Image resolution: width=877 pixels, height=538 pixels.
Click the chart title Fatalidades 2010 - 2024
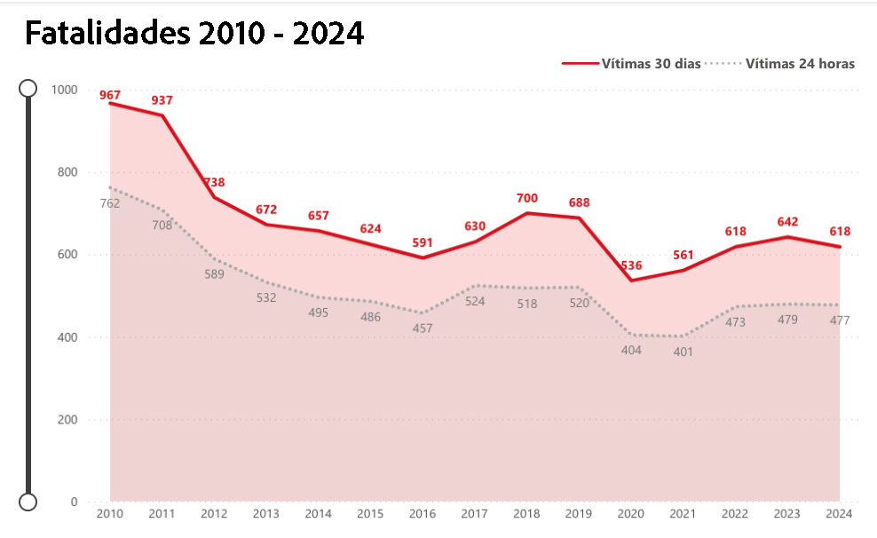tap(194, 33)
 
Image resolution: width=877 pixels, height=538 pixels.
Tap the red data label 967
tap(110, 95)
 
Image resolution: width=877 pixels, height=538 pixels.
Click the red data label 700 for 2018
tap(527, 198)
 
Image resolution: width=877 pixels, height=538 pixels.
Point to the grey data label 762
tap(110, 203)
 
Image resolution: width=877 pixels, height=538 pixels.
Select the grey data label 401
tap(683, 352)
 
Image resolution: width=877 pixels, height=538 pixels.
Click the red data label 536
tap(631, 265)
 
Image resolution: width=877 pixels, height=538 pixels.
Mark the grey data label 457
tap(423, 328)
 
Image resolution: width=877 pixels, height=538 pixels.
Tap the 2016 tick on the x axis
tap(423, 513)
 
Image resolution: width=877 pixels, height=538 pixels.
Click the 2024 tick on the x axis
tap(839, 513)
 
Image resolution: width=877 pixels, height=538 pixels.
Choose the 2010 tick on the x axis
tap(110, 513)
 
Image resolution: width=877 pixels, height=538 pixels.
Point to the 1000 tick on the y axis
tap(65, 90)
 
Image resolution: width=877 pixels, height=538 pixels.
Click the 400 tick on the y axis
tap(68, 337)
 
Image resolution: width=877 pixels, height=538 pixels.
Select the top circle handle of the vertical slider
tap(28, 88)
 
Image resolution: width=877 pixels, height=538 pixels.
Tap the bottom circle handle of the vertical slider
tap(28, 502)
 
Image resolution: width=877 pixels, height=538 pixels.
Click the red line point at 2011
tap(162, 115)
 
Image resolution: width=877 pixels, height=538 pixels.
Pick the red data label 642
tap(787, 221)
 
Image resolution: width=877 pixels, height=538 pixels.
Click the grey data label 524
tap(475, 301)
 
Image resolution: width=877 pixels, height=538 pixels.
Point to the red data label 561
tap(683, 255)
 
